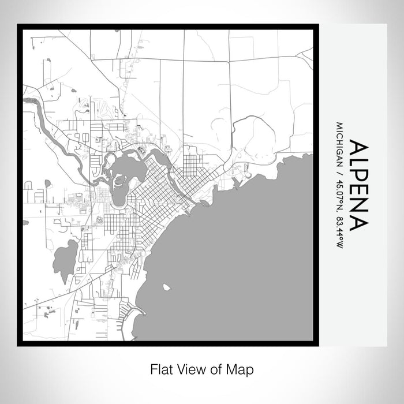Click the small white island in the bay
click(167, 287)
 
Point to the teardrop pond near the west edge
click(47, 184)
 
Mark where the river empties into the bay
click(199, 203)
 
